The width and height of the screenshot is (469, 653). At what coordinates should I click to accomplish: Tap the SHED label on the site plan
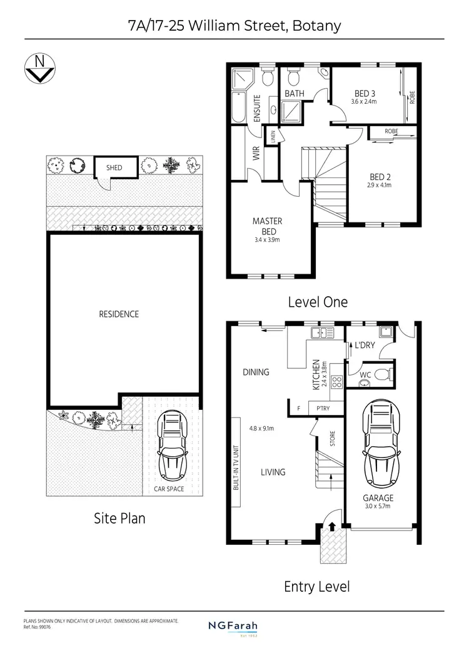point(114,167)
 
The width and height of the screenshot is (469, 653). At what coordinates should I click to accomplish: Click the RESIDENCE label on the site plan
point(119,314)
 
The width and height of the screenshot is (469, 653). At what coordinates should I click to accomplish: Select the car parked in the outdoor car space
point(171,444)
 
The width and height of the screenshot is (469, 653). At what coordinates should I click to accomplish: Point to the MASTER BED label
point(267,226)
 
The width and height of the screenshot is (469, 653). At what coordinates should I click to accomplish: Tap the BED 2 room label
point(381,177)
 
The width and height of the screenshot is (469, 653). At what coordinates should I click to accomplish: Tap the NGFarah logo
point(233,626)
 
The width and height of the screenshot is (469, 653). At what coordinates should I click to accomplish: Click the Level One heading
point(317,302)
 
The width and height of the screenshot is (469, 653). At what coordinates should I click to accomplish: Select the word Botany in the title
point(318,26)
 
